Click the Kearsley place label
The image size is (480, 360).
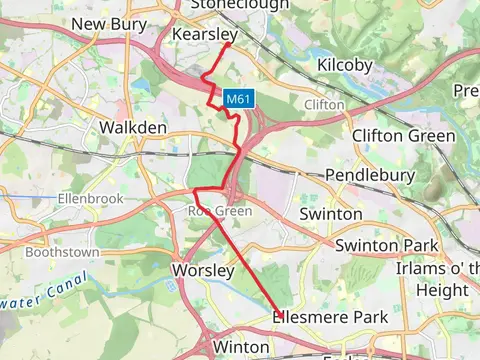coord(203,34)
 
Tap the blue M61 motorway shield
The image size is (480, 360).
coord(237,99)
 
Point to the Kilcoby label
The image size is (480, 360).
coord(344,65)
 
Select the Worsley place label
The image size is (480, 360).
coord(203,271)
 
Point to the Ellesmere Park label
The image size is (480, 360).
coord(329,317)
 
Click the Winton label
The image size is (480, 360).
coord(241,347)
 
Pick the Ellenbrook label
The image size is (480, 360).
coord(90,199)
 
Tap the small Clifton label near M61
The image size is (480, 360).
coord(323,104)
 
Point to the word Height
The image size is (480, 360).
coord(441,289)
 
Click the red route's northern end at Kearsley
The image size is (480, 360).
coord(230,43)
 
